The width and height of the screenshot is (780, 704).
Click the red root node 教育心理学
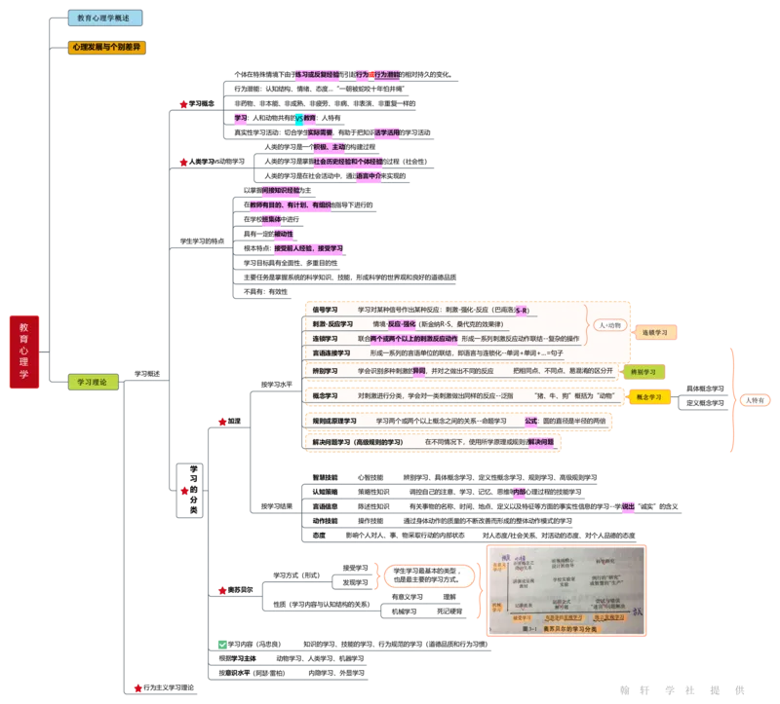[x=24, y=352]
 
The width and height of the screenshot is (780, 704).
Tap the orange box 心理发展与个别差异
[x=108, y=46]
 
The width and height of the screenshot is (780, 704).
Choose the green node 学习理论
[x=93, y=383]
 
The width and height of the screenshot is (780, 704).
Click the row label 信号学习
[x=325, y=310]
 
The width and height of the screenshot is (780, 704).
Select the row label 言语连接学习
[x=331, y=352]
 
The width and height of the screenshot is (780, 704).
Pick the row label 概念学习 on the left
[x=325, y=396]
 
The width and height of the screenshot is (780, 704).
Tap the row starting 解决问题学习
[x=357, y=442]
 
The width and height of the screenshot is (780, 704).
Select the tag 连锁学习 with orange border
[x=654, y=332]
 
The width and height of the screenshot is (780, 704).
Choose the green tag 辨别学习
[x=644, y=371]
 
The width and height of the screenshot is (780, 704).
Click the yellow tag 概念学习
[x=649, y=397]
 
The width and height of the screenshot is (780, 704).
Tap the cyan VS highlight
[x=299, y=118]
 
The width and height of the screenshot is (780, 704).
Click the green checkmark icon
[x=221, y=645]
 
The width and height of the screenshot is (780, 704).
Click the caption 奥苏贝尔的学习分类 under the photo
[x=565, y=628]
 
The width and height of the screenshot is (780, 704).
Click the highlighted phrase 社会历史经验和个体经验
[x=347, y=161]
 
